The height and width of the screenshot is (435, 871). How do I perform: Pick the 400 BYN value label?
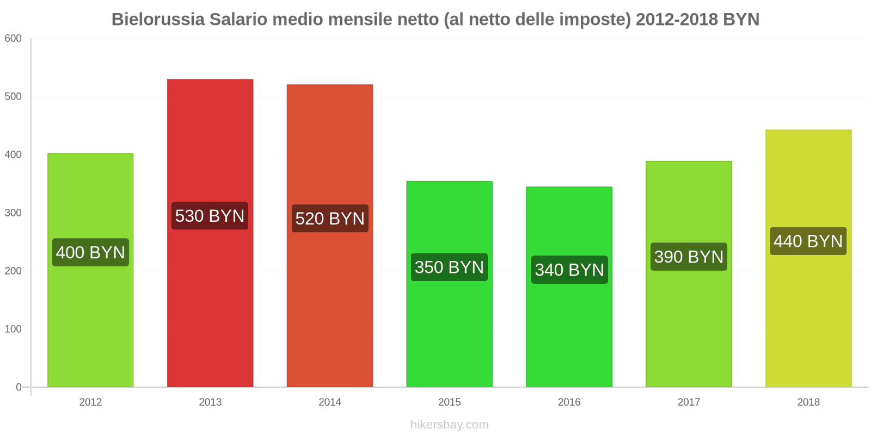click(x=90, y=252)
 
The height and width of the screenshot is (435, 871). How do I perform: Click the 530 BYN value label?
click(x=210, y=216)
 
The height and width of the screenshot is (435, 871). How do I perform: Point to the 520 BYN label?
click(x=330, y=219)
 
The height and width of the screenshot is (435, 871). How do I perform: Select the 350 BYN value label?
click(x=449, y=267)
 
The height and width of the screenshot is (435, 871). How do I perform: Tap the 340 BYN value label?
click(x=569, y=270)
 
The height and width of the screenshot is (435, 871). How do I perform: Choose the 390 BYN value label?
click(x=689, y=257)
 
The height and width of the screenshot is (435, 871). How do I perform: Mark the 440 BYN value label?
click(x=808, y=241)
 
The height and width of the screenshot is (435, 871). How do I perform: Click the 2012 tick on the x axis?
click(x=90, y=402)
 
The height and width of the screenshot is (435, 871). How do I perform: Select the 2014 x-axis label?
click(x=330, y=402)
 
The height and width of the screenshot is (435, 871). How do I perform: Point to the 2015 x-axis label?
click(x=450, y=402)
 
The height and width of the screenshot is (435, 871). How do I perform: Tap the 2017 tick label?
click(x=689, y=402)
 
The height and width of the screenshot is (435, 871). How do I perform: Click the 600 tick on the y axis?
click(x=13, y=39)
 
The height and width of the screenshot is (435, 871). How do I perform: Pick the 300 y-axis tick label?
click(x=13, y=213)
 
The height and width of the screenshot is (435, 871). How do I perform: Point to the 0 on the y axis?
click(x=19, y=387)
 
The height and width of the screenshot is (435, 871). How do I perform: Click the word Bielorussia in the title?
click(x=158, y=20)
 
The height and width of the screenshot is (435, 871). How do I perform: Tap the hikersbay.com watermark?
click(x=450, y=425)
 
